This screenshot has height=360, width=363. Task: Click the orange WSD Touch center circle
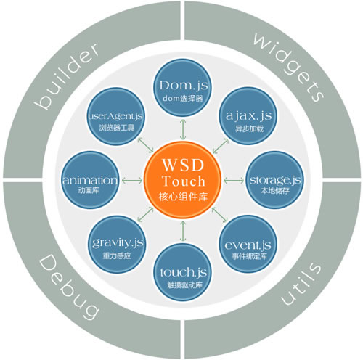click(182, 180)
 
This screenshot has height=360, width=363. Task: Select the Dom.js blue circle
click(183, 89)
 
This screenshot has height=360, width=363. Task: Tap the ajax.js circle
click(248, 117)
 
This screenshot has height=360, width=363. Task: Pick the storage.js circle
click(275, 180)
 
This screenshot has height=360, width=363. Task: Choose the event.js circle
click(248, 245)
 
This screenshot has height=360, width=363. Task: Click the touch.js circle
click(183, 272)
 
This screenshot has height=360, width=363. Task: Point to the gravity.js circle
click(117, 245)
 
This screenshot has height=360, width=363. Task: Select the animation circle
click(90, 180)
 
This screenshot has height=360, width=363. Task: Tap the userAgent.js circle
click(116, 117)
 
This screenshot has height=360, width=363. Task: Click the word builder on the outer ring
click(67, 75)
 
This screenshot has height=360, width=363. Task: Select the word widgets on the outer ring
click(289, 67)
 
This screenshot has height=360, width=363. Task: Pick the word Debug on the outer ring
click(69, 287)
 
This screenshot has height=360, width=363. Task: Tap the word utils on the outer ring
click(301, 283)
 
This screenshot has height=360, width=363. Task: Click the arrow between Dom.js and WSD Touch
click(183, 129)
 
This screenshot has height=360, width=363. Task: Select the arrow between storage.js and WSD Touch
click(234, 180)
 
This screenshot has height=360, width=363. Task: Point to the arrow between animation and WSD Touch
click(132, 180)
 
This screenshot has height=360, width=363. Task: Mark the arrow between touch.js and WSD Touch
click(183, 231)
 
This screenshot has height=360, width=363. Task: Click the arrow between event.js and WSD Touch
click(220, 215)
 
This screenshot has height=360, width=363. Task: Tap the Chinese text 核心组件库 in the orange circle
click(183, 197)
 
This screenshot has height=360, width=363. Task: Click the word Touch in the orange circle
click(184, 181)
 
